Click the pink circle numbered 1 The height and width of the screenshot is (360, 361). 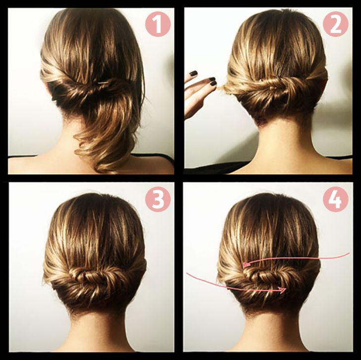click(158, 24)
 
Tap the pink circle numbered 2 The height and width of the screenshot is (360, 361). click(335, 24)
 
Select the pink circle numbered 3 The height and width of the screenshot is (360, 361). click(158, 199)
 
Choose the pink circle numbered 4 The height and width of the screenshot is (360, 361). click(335, 199)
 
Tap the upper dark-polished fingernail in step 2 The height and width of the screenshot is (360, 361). click(193, 73)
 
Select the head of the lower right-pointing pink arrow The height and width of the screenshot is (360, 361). click(282, 290)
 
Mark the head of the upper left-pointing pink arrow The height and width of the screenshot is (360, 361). click(246, 265)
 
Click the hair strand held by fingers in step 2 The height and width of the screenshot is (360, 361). click(222, 88)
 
